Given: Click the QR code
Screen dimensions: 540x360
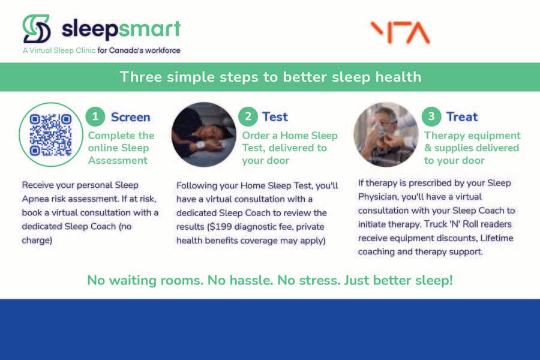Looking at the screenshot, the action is point(50,134).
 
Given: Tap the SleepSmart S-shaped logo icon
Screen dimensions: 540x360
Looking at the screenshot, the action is point(37,29).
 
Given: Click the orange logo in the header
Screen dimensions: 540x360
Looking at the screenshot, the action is point(400,33).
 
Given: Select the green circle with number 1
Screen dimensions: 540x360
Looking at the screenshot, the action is point(95,116).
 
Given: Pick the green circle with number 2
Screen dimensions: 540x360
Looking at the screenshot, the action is point(248,116).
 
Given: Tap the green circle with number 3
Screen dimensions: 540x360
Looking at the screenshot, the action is point(431,116).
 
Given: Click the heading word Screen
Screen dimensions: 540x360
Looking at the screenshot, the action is point(131,117).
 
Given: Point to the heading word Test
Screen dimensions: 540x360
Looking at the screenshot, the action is point(275,117).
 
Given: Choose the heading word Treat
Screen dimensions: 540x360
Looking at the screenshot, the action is point(462,117).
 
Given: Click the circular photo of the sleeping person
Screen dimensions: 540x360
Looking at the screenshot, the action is point(204,134).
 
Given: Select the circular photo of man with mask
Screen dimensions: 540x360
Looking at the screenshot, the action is point(386,134).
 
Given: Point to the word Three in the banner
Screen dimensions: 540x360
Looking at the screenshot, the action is point(140,77).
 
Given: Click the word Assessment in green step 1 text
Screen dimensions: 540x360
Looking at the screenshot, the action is point(118,160).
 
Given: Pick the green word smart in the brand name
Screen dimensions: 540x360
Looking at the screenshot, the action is point(150,29).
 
